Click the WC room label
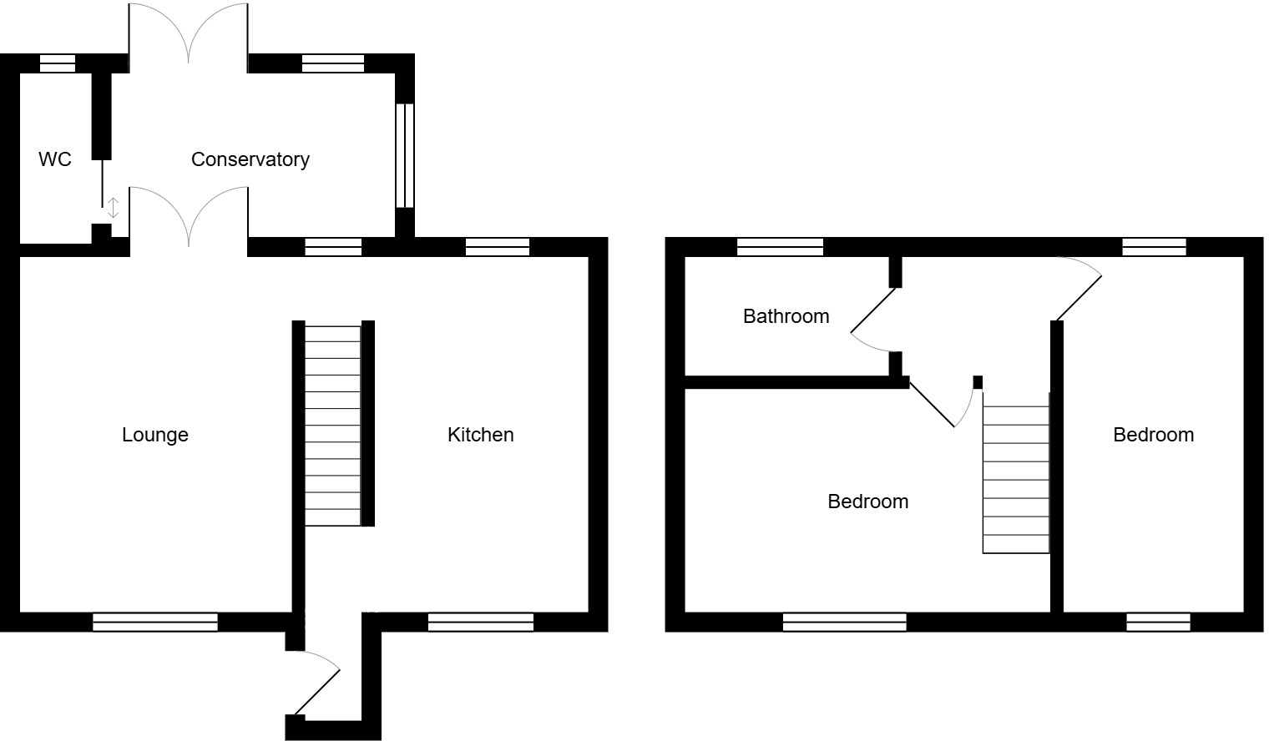(x=55, y=159)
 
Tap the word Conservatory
(x=250, y=159)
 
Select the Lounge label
(x=155, y=435)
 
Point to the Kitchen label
(x=480, y=435)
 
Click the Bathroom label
(x=786, y=316)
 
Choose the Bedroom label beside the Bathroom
(x=867, y=502)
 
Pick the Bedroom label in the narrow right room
(x=1153, y=435)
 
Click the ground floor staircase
(x=333, y=424)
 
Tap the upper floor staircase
(x=1015, y=480)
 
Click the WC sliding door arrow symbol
(x=113, y=208)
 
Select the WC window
(x=58, y=63)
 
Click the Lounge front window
(x=155, y=622)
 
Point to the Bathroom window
(x=780, y=247)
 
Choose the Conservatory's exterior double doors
(x=189, y=33)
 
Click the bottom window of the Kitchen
(x=480, y=622)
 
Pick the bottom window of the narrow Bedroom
(x=1158, y=622)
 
